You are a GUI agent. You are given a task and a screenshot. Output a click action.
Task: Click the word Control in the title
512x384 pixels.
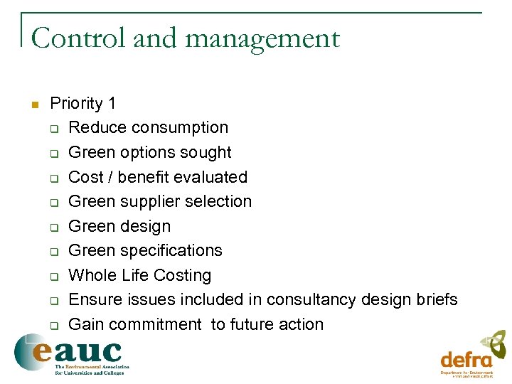coord(79,38)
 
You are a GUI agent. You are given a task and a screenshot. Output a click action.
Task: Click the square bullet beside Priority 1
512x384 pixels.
coord(33,105)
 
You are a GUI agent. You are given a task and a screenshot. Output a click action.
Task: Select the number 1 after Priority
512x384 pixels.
coord(112,104)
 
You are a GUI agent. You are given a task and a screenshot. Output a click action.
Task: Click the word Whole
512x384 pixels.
coord(92,275)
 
